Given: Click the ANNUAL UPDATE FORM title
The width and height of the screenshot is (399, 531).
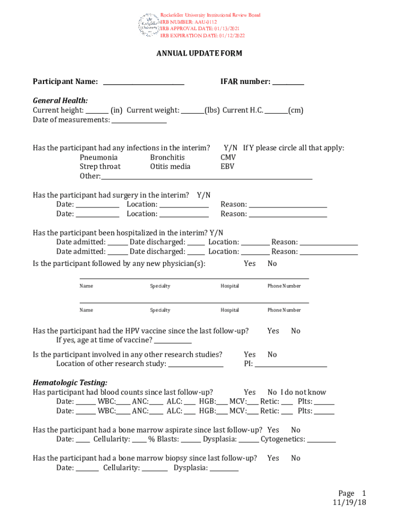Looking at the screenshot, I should tap(199, 53).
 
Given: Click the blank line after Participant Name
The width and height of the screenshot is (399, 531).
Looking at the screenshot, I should tap(144, 82).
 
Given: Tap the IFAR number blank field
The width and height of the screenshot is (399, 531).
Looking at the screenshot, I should tap(288, 82).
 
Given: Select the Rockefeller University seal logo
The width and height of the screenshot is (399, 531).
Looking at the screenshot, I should tap(149, 25).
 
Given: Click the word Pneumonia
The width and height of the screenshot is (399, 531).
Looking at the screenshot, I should tap(98, 157).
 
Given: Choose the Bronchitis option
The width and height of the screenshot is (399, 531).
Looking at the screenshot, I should tap(167, 157).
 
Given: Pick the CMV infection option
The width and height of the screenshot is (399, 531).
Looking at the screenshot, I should tap(228, 157).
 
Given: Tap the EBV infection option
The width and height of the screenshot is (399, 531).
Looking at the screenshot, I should tap(227, 166).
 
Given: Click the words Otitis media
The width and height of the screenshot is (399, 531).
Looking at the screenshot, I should tap(170, 166).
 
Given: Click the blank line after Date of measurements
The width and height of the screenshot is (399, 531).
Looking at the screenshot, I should tap(139, 121).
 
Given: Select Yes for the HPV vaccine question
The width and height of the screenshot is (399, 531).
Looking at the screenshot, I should tap(273, 331).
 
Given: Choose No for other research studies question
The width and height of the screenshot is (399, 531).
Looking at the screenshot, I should tap(272, 355).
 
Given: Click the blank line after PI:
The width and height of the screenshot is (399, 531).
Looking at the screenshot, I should tap(291, 365).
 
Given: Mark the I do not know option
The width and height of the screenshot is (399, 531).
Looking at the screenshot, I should tap(304, 393).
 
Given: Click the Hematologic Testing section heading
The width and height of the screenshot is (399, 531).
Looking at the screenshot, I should tap(70, 383).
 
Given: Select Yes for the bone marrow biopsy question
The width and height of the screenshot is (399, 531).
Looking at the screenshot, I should tap(273, 458).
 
